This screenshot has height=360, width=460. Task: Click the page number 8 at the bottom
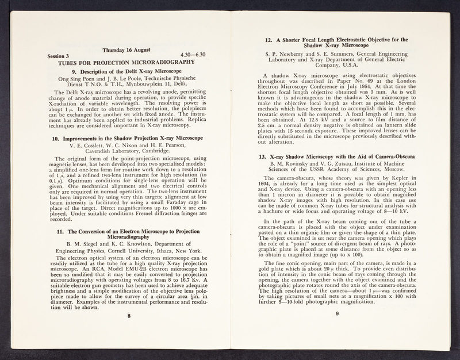130,315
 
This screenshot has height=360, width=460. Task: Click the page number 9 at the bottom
338,314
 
